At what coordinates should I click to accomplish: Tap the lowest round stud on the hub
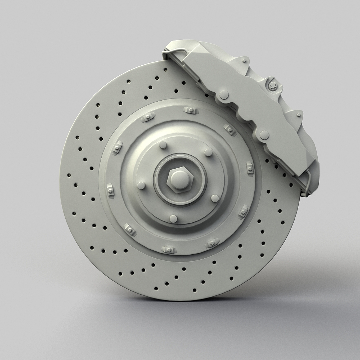pyautogui.click(x=173, y=218)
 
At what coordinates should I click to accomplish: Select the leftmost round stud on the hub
pyautogui.click(x=141, y=186)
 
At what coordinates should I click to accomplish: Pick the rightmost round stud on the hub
pyautogui.click(x=215, y=198)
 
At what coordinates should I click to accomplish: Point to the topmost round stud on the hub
pyautogui.click(x=163, y=145)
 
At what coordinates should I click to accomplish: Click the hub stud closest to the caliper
pyautogui.click(x=208, y=153)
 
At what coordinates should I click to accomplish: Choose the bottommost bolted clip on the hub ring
pyautogui.click(x=169, y=249)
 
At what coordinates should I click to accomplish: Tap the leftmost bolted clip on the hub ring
pyautogui.click(x=110, y=191)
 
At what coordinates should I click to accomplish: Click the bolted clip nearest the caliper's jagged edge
pyautogui.click(x=230, y=129)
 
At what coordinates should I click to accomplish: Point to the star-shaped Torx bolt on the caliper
pyautogui.click(x=273, y=86)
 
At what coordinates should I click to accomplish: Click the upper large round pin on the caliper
pyautogui.click(x=224, y=95)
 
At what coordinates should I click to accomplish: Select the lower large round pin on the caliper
pyautogui.click(x=264, y=135)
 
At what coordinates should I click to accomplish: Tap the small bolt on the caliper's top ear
pyautogui.click(x=245, y=61)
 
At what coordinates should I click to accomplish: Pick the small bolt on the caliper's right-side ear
pyautogui.click(x=298, y=115)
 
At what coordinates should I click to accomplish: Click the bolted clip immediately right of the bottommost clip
pyautogui.click(x=212, y=243)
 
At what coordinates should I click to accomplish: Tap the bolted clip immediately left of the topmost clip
pyautogui.click(x=147, y=117)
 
